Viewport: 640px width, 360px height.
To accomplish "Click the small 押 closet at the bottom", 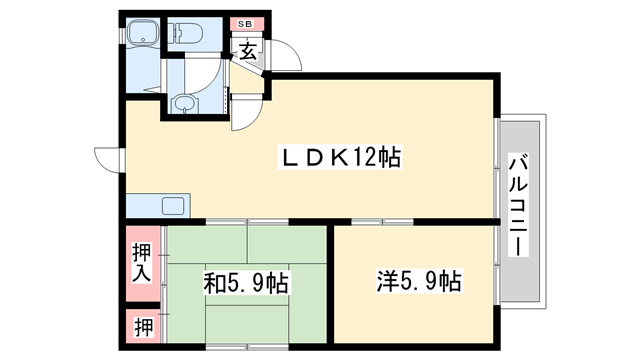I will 141,327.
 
